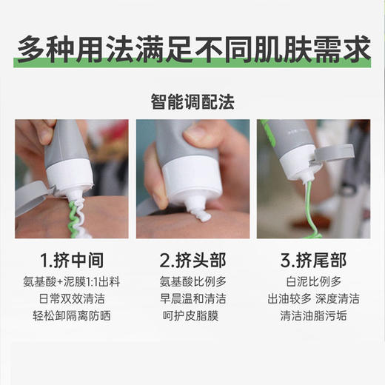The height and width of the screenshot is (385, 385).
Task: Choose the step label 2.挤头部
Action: [192, 261]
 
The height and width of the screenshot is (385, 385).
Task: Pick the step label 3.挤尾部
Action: [312, 261]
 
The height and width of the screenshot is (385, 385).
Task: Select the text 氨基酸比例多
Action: [192, 282]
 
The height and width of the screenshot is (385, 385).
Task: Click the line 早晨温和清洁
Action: [192, 299]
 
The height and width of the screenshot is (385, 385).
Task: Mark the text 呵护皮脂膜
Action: [192, 316]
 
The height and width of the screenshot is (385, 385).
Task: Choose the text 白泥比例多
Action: [312, 282]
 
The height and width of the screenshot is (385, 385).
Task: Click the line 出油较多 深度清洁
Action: [312, 299]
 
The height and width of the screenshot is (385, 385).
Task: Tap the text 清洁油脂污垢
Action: [312, 316]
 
